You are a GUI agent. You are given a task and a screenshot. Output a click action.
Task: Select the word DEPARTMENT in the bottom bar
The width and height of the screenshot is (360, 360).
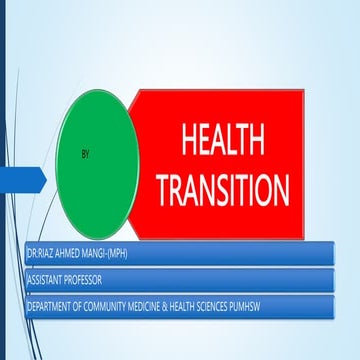click(50, 307)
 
